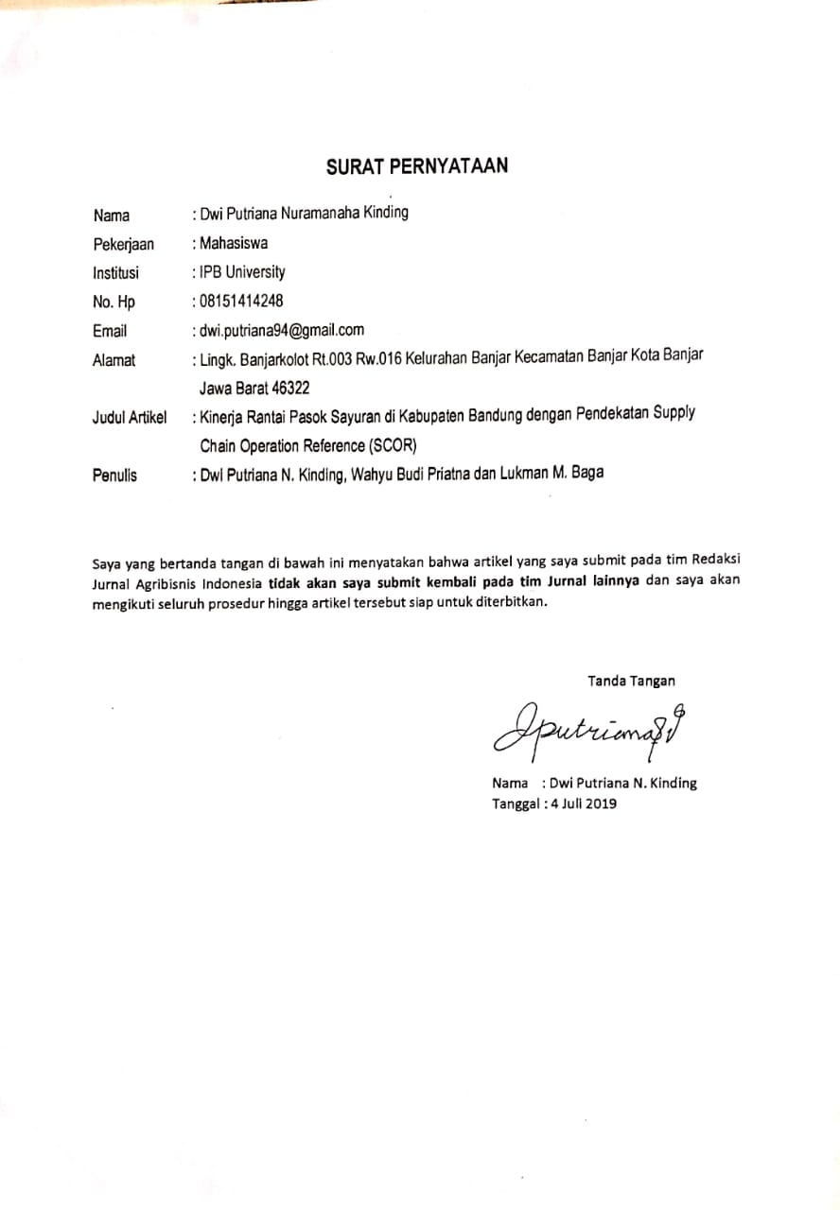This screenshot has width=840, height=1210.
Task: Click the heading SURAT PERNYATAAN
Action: coord(417,166)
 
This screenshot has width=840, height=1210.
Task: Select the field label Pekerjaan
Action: coord(123,244)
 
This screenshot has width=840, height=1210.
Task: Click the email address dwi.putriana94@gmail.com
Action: coord(281,330)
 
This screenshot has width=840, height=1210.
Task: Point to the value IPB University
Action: coord(242,272)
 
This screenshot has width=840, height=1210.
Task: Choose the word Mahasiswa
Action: coord(234,243)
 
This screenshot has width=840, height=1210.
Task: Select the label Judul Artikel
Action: coord(130,417)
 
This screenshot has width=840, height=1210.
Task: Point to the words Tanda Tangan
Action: coord(631,681)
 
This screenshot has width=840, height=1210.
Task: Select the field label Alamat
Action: coord(114,360)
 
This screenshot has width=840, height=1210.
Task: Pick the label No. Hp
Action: coord(114,302)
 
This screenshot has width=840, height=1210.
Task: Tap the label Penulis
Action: coord(114,475)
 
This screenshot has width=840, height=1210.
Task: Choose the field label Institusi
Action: coord(115,273)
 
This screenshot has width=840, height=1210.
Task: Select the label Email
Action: coord(110,331)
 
